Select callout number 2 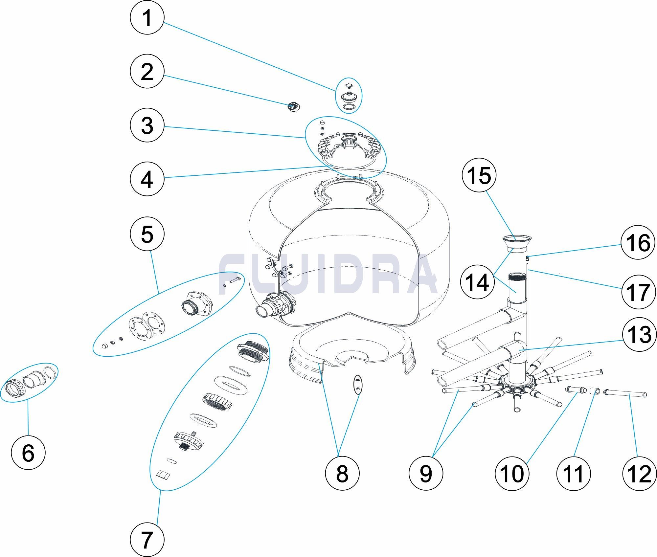tap(147, 72)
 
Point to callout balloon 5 tap(147, 234)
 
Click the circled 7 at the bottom tap(147, 540)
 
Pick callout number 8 tap(342, 474)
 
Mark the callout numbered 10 tap(512, 474)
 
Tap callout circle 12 tap(639, 474)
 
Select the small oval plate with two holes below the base tap(358, 384)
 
